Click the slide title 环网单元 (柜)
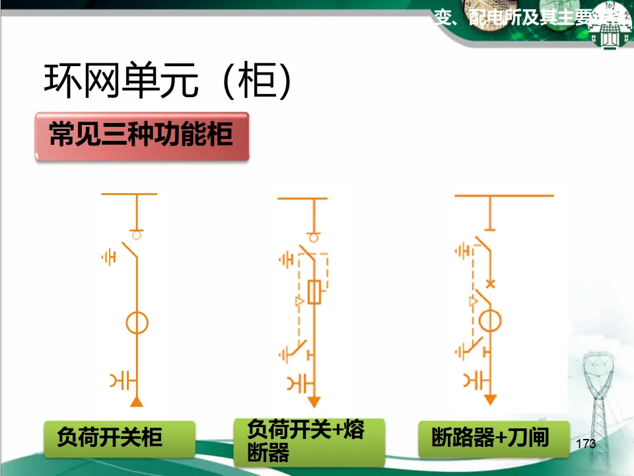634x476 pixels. click(168, 81)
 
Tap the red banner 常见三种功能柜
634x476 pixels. click(141, 135)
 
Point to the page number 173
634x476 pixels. click(585, 443)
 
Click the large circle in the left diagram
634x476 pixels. click(137, 323)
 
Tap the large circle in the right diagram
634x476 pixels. click(490, 322)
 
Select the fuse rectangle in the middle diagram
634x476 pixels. click(316, 292)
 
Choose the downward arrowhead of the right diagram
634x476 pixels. click(490, 400)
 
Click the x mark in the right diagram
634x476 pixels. click(490, 284)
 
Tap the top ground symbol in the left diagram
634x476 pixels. click(108, 257)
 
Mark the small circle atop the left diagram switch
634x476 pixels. click(137, 234)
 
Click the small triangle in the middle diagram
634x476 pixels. click(299, 302)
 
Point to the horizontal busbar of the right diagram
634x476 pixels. click(503, 196)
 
